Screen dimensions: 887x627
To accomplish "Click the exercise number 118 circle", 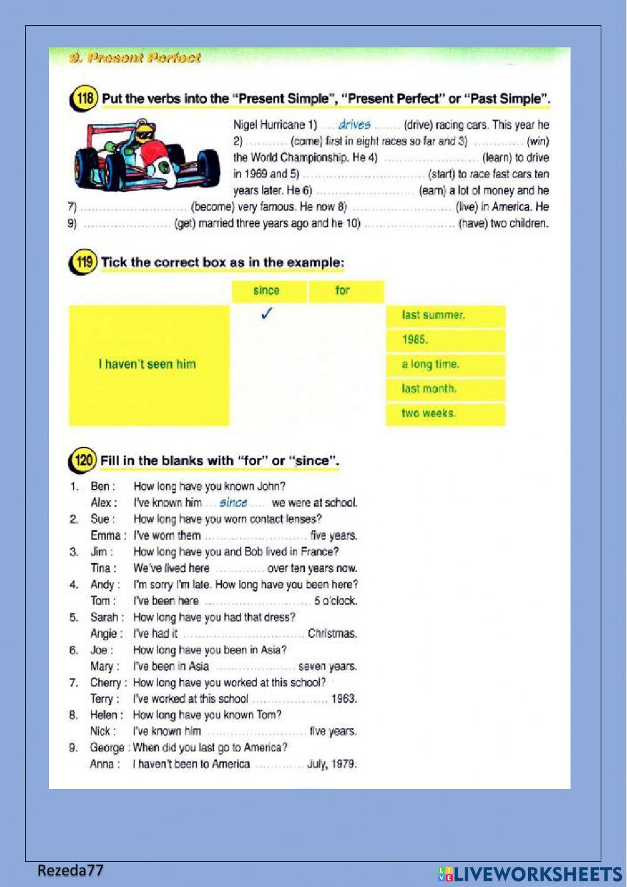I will point(83,99).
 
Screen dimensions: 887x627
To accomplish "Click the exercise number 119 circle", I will point(83,262).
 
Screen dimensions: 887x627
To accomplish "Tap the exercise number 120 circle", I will point(82,461).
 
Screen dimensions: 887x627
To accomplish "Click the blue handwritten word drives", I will point(354,125).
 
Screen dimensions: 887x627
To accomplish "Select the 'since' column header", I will point(266,291).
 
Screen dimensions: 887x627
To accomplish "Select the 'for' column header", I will point(342,291).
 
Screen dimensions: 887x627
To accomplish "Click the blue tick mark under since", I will point(266,314).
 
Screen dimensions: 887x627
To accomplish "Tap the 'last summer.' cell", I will point(445,315).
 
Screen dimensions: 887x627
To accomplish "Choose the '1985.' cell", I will point(445,340).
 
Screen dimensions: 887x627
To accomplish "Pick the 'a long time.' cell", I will point(445,364).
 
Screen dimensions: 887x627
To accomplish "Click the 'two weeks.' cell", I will point(445,413).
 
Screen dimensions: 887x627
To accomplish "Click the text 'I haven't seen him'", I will point(147,364).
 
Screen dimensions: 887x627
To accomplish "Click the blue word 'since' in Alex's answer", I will point(233,503).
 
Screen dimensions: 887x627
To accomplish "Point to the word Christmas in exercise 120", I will point(332,633).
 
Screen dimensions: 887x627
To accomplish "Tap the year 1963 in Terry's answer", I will point(344,699).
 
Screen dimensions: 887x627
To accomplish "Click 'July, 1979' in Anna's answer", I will point(332,764).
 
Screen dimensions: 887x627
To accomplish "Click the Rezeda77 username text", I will point(70,870).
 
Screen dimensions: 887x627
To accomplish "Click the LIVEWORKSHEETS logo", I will point(530,874).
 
